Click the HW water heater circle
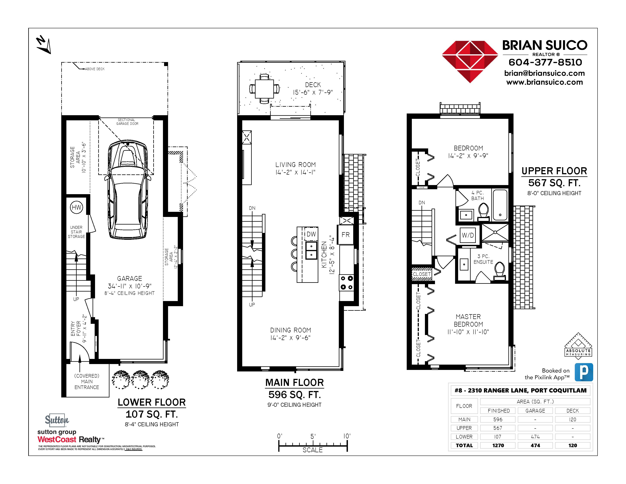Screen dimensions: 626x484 (76, 207)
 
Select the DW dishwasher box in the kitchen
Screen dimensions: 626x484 (311, 234)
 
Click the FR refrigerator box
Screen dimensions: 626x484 (346, 235)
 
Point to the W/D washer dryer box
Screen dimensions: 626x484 (468, 235)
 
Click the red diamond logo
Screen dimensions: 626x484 (470, 62)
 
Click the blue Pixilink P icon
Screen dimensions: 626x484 (584, 372)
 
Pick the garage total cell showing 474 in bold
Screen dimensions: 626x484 (535, 445)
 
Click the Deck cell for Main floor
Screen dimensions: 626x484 (572, 419)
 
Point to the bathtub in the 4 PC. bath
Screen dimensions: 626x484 (500, 205)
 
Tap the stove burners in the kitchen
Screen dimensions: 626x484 (347, 283)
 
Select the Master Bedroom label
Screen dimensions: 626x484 (468, 320)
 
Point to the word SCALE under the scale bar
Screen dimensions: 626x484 (312, 450)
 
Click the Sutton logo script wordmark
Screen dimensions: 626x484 (57, 420)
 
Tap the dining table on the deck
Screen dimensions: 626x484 (264, 89)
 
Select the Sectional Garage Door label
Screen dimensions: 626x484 (127, 122)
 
